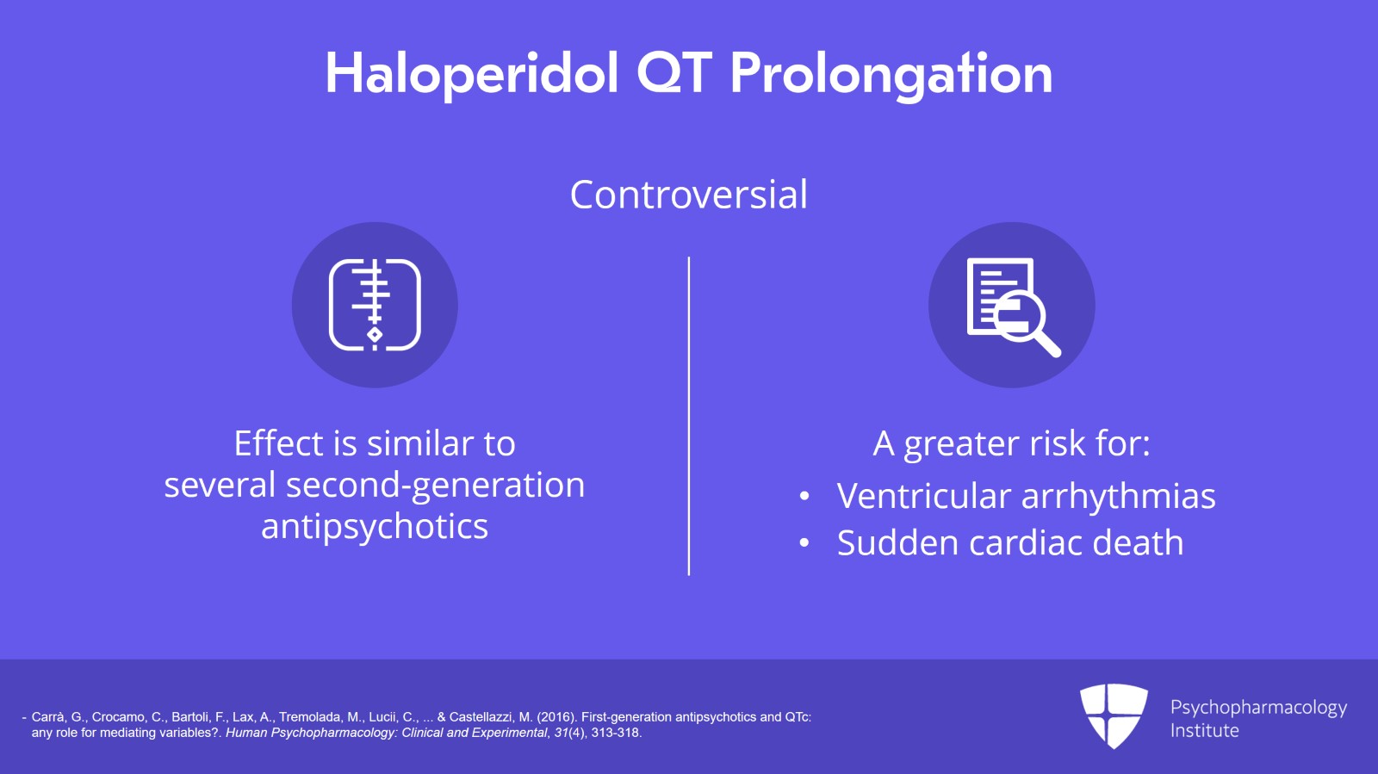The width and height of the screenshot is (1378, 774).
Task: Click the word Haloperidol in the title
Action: point(471,74)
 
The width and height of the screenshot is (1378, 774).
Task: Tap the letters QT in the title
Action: point(674,73)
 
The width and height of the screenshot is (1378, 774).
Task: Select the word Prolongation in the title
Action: point(891,76)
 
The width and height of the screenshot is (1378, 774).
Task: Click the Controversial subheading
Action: point(688,195)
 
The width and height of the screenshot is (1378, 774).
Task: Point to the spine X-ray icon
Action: point(375,305)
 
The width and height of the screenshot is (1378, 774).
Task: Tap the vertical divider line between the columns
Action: point(688,416)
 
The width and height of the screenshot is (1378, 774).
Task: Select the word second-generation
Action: point(436,486)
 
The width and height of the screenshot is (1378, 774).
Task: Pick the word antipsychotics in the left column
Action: point(375,527)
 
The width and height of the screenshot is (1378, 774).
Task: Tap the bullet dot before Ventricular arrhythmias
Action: point(804,496)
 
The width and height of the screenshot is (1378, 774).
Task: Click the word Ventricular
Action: point(923,496)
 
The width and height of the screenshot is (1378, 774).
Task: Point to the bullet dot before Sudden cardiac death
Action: point(804,543)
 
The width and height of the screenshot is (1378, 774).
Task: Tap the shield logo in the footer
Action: point(1114,715)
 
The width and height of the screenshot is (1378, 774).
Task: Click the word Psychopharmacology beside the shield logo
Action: point(1258,708)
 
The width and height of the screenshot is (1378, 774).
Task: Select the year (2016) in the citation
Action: point(557,717)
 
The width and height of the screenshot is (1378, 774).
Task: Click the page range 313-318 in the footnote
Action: point(616,733)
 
